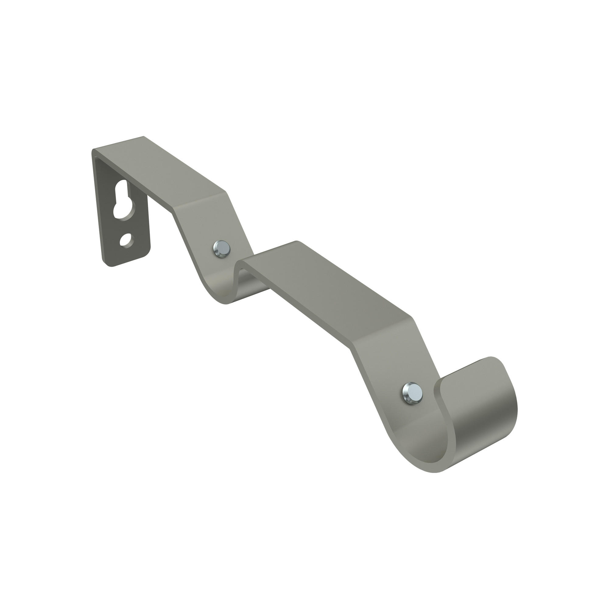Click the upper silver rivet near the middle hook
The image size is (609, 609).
coord(221,249)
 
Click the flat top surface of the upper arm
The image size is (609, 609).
coord(164,170)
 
